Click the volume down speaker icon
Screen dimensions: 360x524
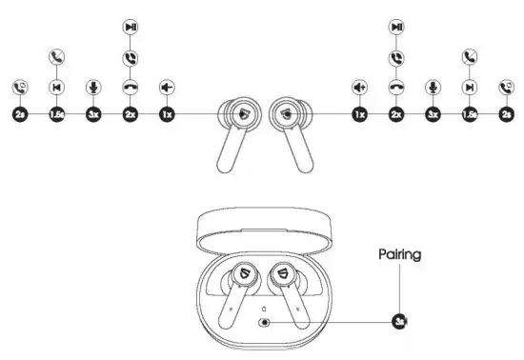(166, 87)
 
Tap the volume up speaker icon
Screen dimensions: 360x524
(359, 87)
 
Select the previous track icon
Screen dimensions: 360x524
(55, 87)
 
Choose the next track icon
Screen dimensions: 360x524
(469, 87)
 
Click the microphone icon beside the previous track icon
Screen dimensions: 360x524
(92, 87)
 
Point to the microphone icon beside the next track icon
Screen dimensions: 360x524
(433, 87)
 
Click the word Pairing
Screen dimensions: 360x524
(399, 255)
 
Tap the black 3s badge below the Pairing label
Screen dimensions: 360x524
(399, 322)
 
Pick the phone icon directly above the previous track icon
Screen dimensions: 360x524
(55, 57)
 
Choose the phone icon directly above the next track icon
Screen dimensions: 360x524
(469, 57)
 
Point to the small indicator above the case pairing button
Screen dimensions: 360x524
(262, 310)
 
